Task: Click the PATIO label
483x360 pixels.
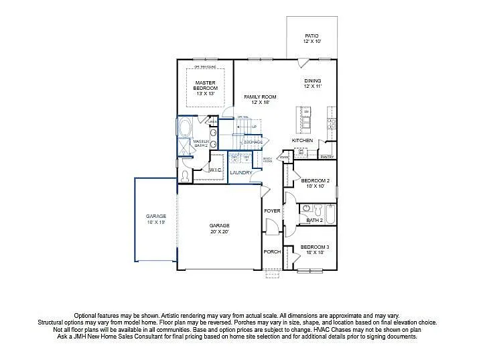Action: coord(312,38)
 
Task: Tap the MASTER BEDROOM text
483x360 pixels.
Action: coord(206,88)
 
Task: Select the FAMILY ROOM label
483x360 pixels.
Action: coord(260,99)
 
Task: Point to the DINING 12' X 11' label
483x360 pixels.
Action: coord(312,83)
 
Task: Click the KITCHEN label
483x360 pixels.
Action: coord(302,140)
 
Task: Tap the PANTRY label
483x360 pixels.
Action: coord(327,156)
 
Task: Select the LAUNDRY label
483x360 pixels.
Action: coord(240,172)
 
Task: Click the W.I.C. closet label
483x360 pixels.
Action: coord(215,170)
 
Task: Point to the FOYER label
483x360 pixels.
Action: coord(272,211)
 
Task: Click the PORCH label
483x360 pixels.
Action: coord(272,251)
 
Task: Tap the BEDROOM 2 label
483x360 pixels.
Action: coord(314,183)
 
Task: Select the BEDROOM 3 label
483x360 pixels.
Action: coord(314,249)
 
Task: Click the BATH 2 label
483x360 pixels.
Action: coord(315,220)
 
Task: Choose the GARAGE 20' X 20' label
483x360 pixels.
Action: coord(219,228)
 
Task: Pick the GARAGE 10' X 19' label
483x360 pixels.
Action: coord(156,219)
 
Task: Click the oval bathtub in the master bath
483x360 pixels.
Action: coord(185,129)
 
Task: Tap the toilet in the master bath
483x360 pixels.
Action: coord(186,176)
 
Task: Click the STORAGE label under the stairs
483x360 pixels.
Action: coord(253,141)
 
